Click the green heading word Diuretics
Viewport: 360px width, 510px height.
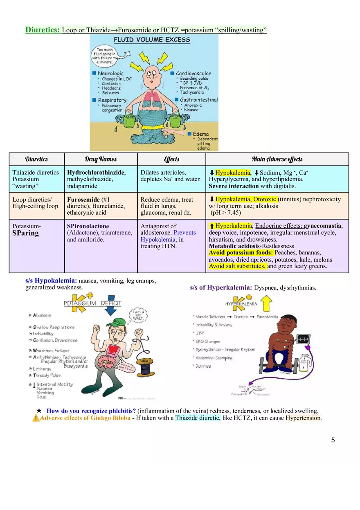tap(43, 30)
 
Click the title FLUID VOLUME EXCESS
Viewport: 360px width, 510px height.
tap(152, 40)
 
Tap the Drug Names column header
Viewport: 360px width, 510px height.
tap(101, 159)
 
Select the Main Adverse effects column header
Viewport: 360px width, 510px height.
tap(277, 159)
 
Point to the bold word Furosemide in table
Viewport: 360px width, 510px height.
tap(83, 199)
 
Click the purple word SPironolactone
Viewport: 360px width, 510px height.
tap(88, 226)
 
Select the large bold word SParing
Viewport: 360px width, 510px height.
tap(25, 233)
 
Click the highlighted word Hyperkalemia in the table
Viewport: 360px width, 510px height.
tap(234, 226)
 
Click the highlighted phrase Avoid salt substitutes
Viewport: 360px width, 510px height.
tap(237, 266)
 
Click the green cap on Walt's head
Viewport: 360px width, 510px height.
tap(116, 322)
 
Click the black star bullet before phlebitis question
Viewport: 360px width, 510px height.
tap(39, 411)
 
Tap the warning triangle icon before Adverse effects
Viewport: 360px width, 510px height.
tap(36, 418)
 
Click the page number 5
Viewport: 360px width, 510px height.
tap(333, 440)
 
